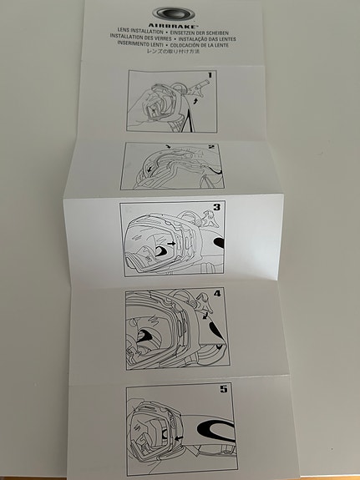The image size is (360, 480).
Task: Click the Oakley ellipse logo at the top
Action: [x=176, y=13]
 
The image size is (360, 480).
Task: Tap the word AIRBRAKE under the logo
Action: [x=176, y=25]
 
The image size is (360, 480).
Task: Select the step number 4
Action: [x=216, y=294]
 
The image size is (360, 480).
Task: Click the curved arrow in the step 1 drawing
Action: [x=195, y=99]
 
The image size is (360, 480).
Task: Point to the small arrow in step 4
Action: [x=203, y=316]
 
